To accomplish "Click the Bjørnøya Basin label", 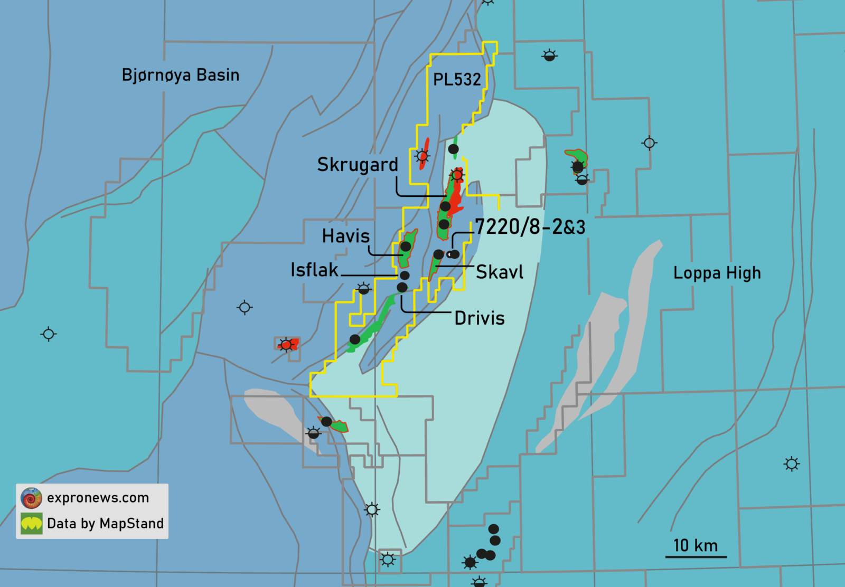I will point(181,75).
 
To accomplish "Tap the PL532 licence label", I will point(457,80).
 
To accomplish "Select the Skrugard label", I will point(358,165).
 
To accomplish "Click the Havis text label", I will point(346,236).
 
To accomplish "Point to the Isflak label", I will point(314,270).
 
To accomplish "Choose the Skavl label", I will point(500,272).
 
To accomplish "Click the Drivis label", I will point(480,318).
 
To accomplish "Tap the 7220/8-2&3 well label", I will point(530,227).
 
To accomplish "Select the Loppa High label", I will point(717,273).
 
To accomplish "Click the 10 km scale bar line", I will point(696,556).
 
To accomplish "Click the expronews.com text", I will point(98,498).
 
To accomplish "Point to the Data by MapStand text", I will point(105,524).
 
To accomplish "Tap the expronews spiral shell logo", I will point(31,498).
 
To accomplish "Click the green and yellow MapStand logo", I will point(31,524).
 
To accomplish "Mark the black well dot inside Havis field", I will point(406,247).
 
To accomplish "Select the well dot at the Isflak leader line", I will point(405,275).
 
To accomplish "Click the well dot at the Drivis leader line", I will point(402,288).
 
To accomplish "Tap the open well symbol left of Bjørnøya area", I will point(49,334).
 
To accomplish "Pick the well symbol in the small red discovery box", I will point(286,345).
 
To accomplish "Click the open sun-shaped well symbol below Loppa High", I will point(791,464).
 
